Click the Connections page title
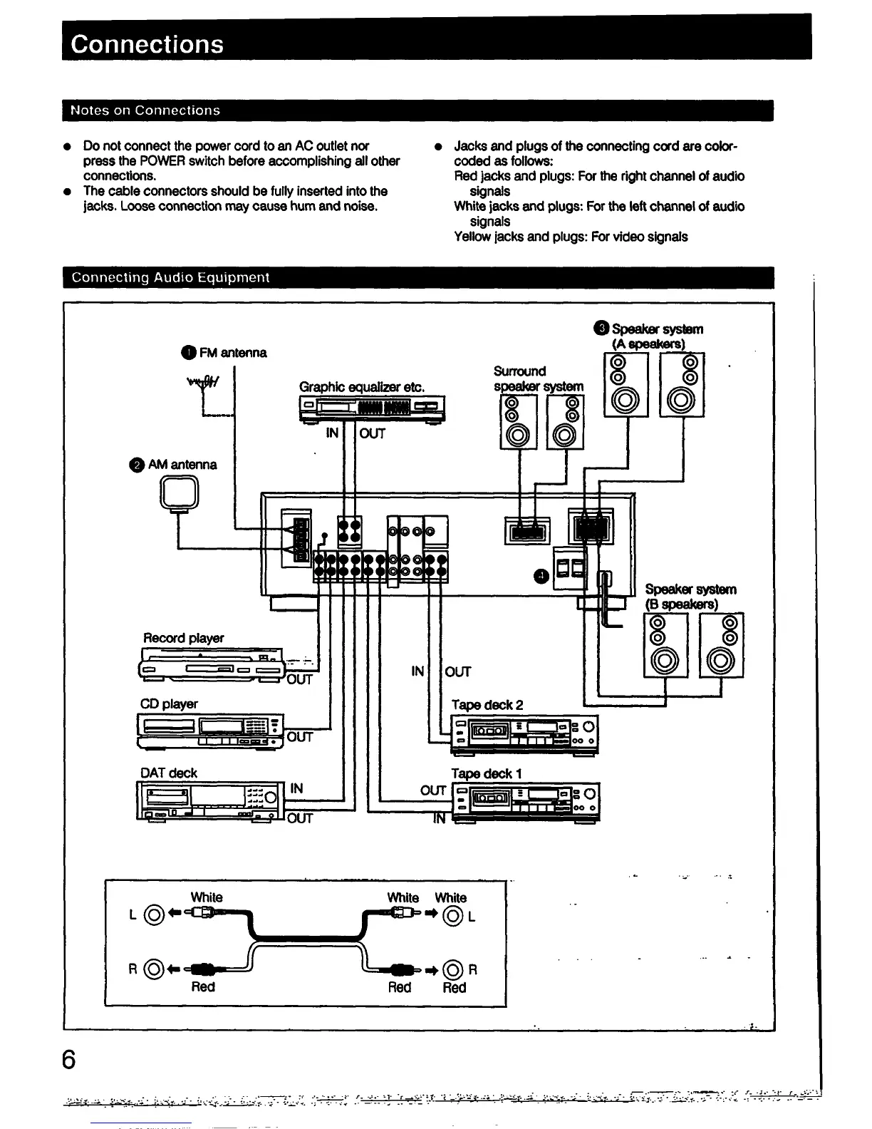pos(147,44)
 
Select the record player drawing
pos(210,665)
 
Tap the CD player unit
pos(210,731)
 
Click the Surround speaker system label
pos(538,378)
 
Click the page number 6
pos(69,1059)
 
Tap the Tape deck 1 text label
pos(487,773)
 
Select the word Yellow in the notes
pos(472,237)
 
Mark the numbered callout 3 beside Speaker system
pos(601,329)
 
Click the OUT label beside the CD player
pos(299,737)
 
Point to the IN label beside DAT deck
pos(296,788)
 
